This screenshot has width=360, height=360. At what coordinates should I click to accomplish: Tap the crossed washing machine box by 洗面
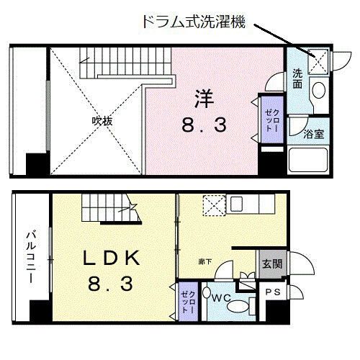pos(317,61)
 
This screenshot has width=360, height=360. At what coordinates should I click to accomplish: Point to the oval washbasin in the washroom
pos(318,91)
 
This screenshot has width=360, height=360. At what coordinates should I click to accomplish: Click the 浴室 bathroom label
pos(314,133)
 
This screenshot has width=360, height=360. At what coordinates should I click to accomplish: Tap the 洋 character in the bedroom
pos(203,96)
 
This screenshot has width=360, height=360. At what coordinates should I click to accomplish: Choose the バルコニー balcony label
pos(30,256)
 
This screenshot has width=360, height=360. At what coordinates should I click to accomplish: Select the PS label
pos(273,292)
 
